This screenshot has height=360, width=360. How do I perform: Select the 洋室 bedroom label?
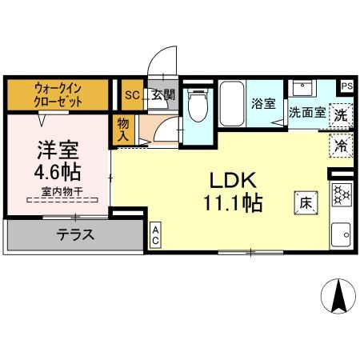pos(58,150)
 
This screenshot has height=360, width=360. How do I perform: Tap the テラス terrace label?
pos(76,235)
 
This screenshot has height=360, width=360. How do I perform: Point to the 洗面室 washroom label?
pos(307,113)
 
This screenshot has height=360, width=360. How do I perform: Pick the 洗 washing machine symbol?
pos(340,114)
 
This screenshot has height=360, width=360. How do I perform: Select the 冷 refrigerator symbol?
pos(340,146)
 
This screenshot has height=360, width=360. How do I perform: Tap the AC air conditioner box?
pos(156,234)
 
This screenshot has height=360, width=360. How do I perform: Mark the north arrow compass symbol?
pos(338,297)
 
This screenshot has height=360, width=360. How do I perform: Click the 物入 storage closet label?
pos(123,130)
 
